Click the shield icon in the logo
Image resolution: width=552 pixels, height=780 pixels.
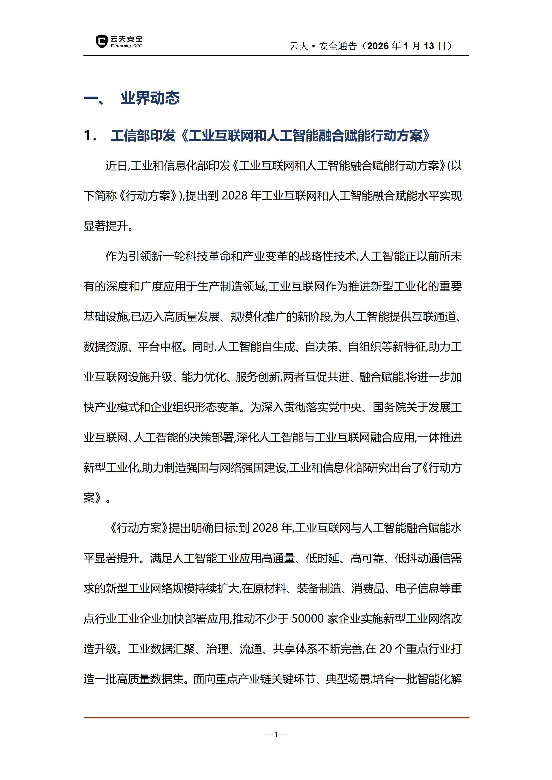tap(102, 41)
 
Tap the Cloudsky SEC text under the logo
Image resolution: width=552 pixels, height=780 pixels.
tap(126, 46)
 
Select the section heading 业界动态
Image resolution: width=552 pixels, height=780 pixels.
tap(150, 98)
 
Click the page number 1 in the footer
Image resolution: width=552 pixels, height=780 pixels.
tap(276, 734)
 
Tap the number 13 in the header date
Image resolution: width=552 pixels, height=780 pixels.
tap(429, 46)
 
